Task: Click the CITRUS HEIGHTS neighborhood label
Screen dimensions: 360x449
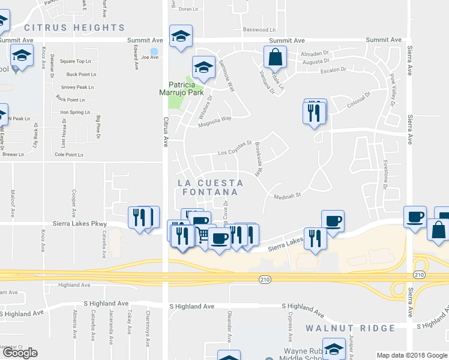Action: pyautogui.click(x=74, y=28)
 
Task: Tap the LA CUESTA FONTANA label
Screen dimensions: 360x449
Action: pyautogui.click(x=210, y=187)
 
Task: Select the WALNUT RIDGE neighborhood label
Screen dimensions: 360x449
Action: pyautogui.click(x=350, y=328)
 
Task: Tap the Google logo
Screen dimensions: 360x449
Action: pyautogui.click(x=20, y=353)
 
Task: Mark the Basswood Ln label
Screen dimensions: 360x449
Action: pyautogui.click(x=259, y=29)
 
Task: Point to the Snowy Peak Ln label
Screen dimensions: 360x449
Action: pyautogui.click(x=77, y=87)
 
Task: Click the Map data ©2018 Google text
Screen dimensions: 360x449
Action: pyautogui.click(x=412, y=355)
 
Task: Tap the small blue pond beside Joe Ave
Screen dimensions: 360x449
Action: pyautogui.click(x=154, y=51)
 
